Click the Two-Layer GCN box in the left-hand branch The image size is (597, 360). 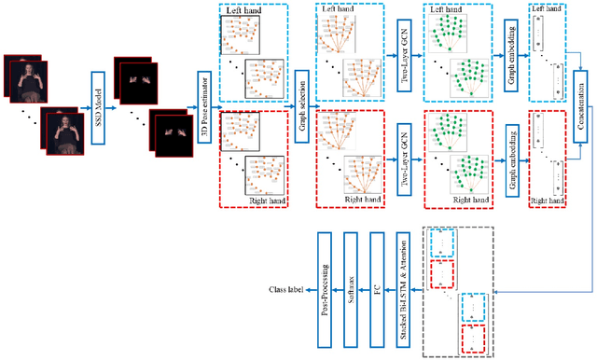(404, 53)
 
